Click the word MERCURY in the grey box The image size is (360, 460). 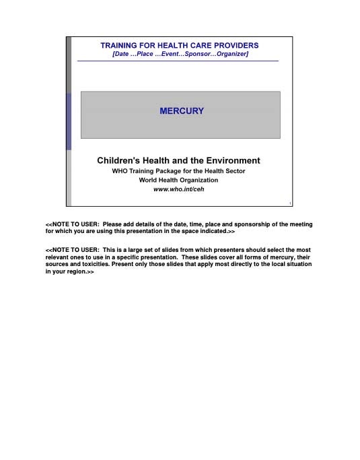pos(181,111)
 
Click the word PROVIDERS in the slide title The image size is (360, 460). pos(235,45)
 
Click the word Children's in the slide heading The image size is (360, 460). pos(120,161)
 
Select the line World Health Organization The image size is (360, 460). pos(179,180)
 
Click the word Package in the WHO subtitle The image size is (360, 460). pos(167,171)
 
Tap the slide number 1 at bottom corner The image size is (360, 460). pos(289,203)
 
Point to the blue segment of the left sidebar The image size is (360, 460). pos(69,121)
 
